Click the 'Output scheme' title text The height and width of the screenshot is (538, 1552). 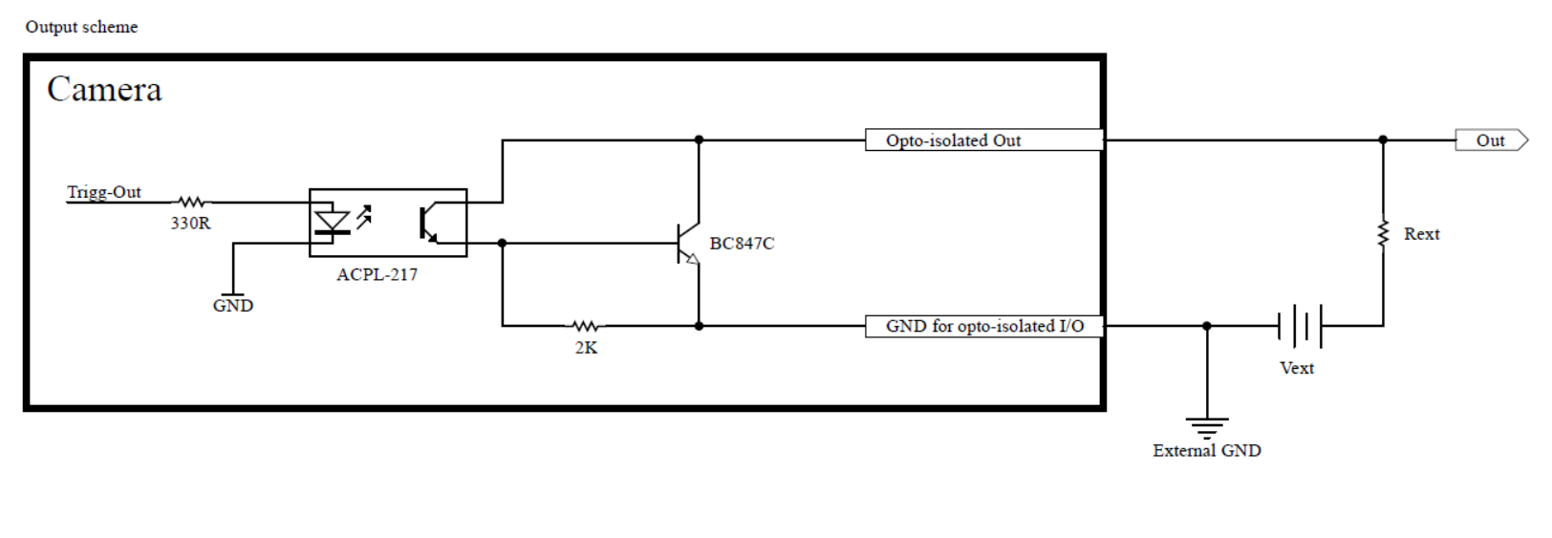coord(82,27)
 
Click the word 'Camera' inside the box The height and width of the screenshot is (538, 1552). coord(104,89)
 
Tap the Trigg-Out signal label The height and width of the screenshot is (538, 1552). coord(104,192)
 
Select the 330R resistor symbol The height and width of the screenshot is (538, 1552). coord(191,203)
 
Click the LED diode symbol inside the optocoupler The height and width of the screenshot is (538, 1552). coord(332,223)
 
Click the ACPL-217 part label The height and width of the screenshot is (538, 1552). coord(377,275)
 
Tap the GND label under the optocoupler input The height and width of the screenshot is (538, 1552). coord(233,306)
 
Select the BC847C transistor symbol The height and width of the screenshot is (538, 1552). coord(689,244)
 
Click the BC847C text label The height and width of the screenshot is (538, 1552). coord(742,244)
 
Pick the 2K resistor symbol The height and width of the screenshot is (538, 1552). coord(586,326)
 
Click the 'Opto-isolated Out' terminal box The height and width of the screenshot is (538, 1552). coord(984,140)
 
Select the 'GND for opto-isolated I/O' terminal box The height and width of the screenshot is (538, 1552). coord(984,326)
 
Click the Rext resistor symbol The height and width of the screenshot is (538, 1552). coord(1383,234)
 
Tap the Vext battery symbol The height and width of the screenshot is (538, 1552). coord(1300,326)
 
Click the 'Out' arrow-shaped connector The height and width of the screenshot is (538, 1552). coord(1491,140)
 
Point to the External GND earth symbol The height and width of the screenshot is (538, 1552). coord(1207,428)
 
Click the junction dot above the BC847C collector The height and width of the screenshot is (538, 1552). coord(699,140)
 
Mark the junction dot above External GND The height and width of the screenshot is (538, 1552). coord(1207,326)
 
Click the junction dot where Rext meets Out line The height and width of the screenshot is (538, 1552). coord(1383,140)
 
